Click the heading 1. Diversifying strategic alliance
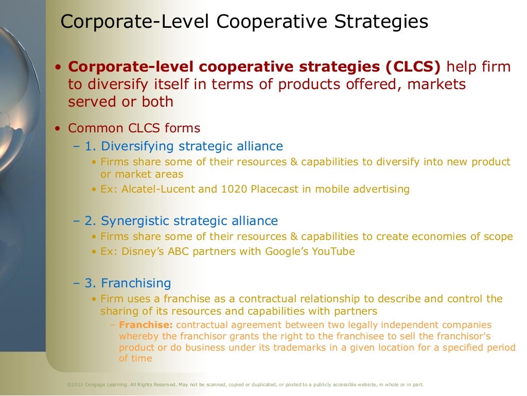184,146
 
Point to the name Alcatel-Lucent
159,189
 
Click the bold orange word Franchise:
146,325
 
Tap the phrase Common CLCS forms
134,128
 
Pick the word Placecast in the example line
275,189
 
